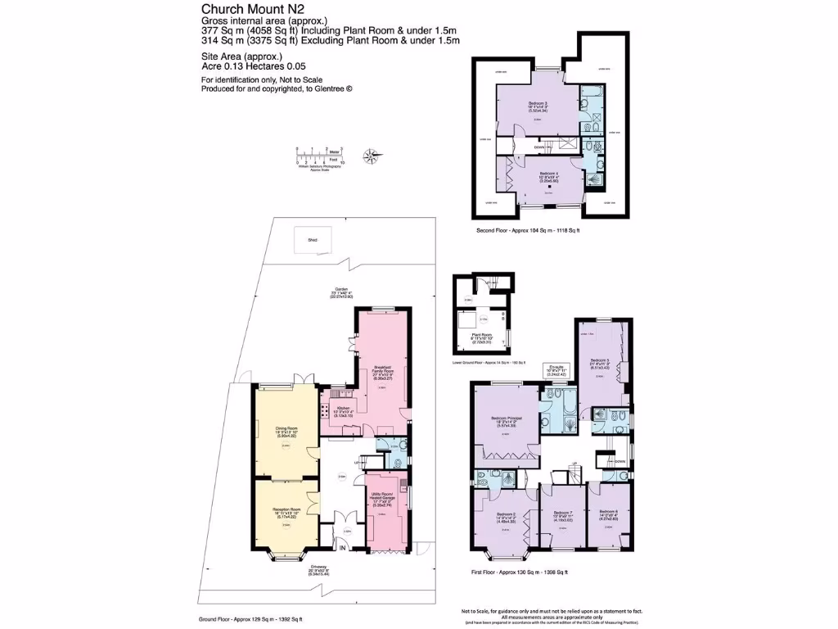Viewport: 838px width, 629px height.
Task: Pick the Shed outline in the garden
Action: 311,241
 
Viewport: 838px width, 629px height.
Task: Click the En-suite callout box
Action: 558,369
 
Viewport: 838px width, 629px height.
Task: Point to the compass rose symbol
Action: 371,153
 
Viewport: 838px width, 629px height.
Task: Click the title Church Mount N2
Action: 243,8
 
